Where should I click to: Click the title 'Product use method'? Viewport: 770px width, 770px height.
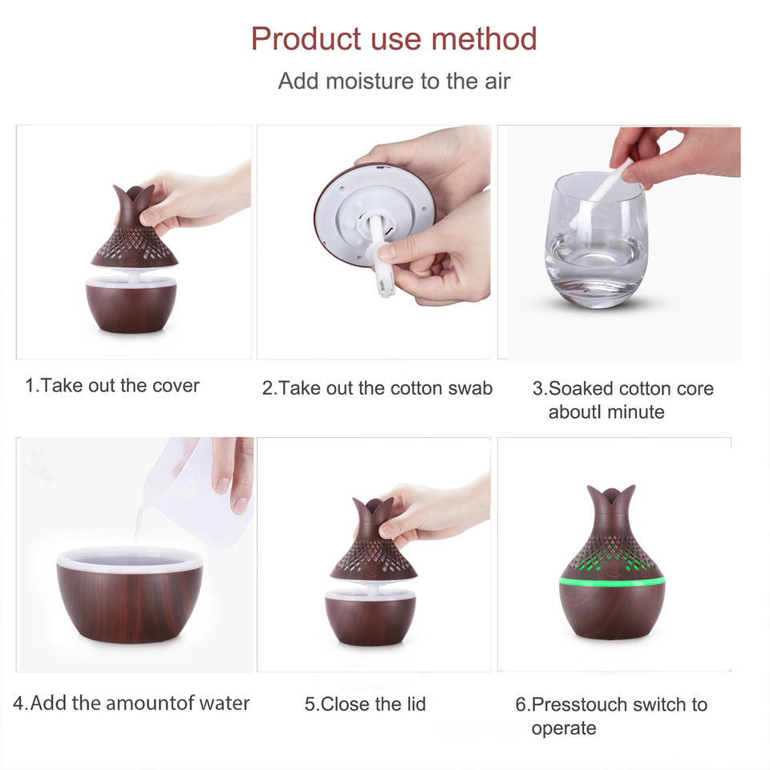coord(394,38)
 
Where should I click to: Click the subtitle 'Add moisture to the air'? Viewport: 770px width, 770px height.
coord(394,81)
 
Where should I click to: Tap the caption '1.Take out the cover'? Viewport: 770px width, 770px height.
coord(112,386)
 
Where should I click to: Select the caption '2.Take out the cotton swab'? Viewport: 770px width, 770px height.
coord(377,388)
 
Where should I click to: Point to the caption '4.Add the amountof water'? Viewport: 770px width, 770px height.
coord(131,703)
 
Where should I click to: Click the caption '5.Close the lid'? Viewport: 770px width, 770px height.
coord(365,703)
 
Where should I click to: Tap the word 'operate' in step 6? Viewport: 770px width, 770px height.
coord(564,729)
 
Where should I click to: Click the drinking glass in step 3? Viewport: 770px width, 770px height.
coord(596,241)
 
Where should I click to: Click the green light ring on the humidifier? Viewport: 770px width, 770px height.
coord(612,582)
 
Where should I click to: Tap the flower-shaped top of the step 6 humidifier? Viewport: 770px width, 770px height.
coord(611,506)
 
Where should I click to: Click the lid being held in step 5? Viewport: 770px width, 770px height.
coord(373,540)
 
